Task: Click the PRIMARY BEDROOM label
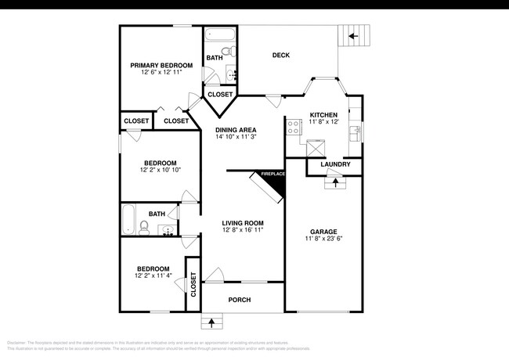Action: click(x=162, y=65)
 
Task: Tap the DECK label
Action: click(x=281, y=55)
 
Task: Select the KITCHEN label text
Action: click(x=323, y=114)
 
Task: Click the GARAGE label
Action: click(x=323, y=232)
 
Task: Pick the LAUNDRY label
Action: click(x=335, y=164)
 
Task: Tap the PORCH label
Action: click(x=240, y=300)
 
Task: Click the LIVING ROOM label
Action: click(x=242, y=223)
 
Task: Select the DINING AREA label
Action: click(x=236, y=129)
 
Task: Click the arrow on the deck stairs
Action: click(x=352, y=36)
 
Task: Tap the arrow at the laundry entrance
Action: click(x=336, y=183)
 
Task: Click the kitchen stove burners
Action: click(x=294, y=127)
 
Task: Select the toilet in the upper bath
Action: click(x=226, y=52)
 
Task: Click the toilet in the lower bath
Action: click(x=144, y=227)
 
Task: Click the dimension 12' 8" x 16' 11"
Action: click(x=242, y=231)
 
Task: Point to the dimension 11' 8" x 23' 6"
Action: click(x=323, y=239)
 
